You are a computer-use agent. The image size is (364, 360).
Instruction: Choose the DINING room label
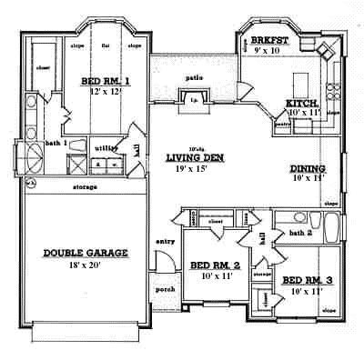(308, 168)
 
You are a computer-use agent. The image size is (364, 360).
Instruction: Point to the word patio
(193, 79)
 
